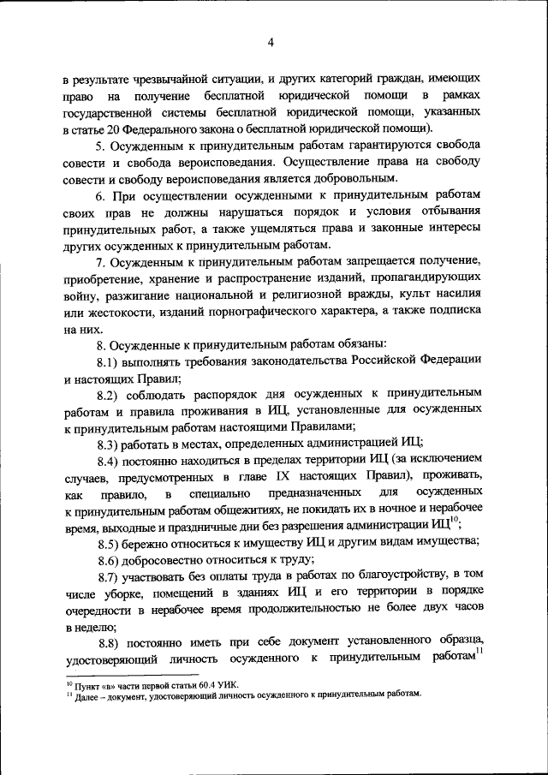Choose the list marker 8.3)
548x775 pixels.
pos(110,444)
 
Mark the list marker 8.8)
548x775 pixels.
pos(110,642)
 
